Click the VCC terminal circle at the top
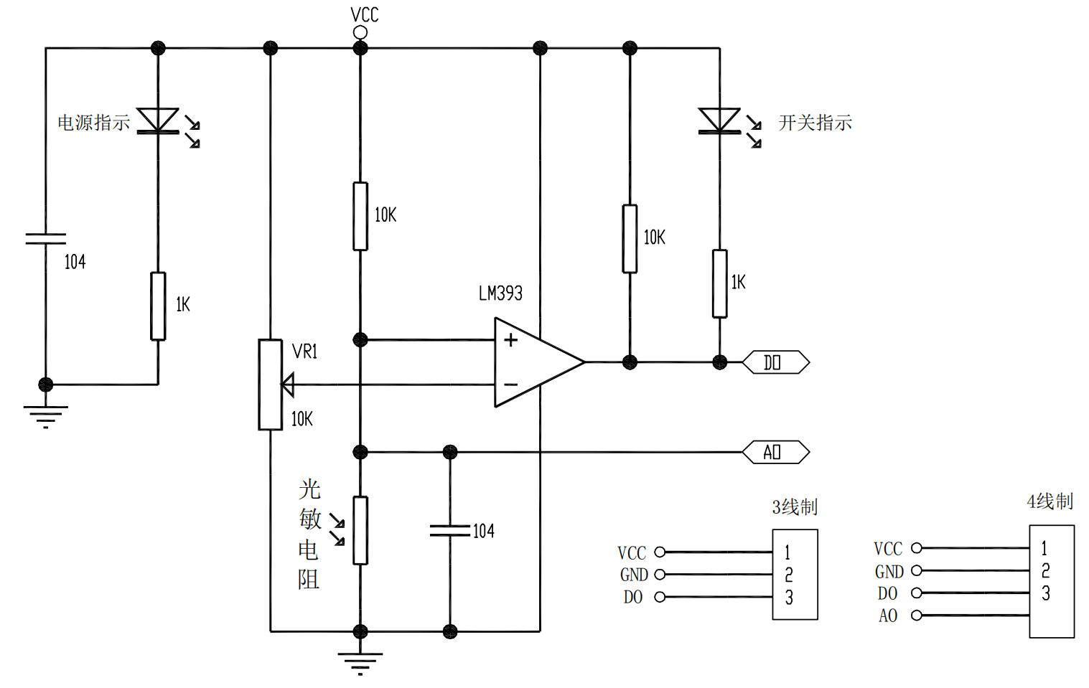tap(360, 32)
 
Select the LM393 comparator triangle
tap(531, 362)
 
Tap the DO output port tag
tap(775, 362)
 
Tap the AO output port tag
tap(775, 452)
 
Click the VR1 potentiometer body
tap(271, 385)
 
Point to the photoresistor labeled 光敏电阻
tap(360, 530)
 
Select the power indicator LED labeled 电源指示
tap(158, 121)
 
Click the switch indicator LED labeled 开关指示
tap(719, 121)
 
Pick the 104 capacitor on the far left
tap(45, 239)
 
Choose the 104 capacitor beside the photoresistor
tap(450, 531)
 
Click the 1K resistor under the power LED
tap(158, 306)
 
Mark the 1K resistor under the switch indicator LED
tap(719, 283)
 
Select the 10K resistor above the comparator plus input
tap(360, 216)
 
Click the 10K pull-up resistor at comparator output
tap(630, 239)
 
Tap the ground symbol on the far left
tap(45, 415)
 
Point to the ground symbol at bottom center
tap(360, 662)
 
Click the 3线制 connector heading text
tap(795, 506)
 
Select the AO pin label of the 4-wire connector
tap(888, 616)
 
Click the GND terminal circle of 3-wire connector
tap(660, 575)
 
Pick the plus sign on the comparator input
tap(510, 340)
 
